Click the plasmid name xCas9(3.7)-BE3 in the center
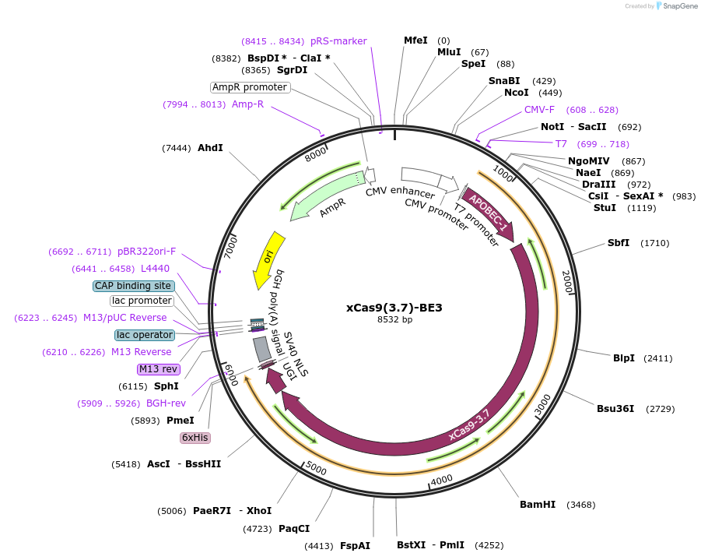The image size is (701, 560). tap(394, 308)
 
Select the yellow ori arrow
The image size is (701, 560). tap(268, 259)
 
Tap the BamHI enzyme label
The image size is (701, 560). tap(538, 505)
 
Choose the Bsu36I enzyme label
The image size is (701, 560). tap(615, 409)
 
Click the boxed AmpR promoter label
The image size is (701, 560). tap(251, 87)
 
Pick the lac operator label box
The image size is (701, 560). tap(144, 335)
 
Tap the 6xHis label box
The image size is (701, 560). tap(195, 438)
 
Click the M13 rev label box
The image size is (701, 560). tap(158, 369)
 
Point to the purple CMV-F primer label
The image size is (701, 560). tap(539, 110)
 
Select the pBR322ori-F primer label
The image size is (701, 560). tap(147, 252)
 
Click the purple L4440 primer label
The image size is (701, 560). tap(155, 269)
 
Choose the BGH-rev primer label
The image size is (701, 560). tap(166, 403)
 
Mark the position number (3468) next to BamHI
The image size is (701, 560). tap(580, 505)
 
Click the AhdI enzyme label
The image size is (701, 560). tap(210, 147)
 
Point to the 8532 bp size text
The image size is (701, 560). tap(394, 319)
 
